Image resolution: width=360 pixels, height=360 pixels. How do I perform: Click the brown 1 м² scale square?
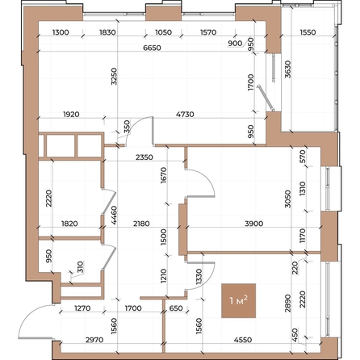[238, 302]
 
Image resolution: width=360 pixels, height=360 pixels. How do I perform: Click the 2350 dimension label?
[145, 157]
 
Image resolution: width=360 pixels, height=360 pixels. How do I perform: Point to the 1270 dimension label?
[80, 307]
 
